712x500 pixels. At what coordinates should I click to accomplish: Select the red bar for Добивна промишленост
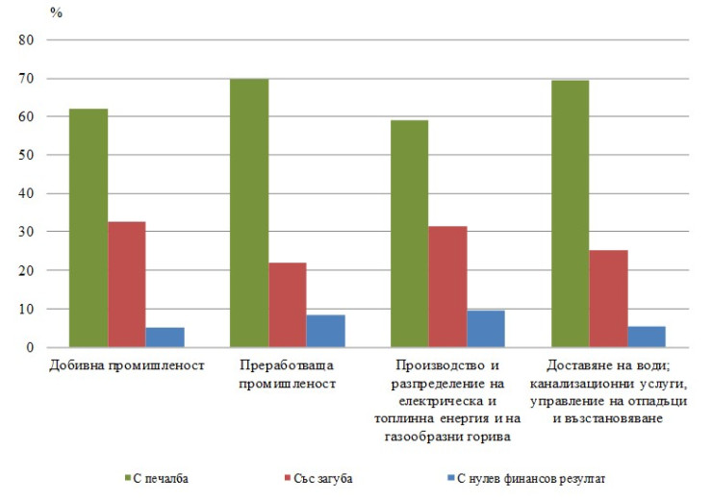tap(127, 285)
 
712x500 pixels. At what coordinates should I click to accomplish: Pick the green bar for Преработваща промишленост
tap(249, 212)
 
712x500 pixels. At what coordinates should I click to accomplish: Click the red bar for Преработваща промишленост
tap(288, 305)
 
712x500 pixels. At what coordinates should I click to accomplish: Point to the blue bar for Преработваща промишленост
tap(325, 331)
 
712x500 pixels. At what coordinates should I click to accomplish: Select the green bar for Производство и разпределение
tap(410, 234)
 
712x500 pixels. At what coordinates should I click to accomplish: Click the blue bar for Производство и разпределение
tap(486, 329)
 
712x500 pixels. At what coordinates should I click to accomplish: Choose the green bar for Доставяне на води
tap(570, 213)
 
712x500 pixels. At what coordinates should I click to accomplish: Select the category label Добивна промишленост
tap(127, 366)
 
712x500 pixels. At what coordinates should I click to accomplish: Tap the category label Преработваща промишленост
tap(288, 374)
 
